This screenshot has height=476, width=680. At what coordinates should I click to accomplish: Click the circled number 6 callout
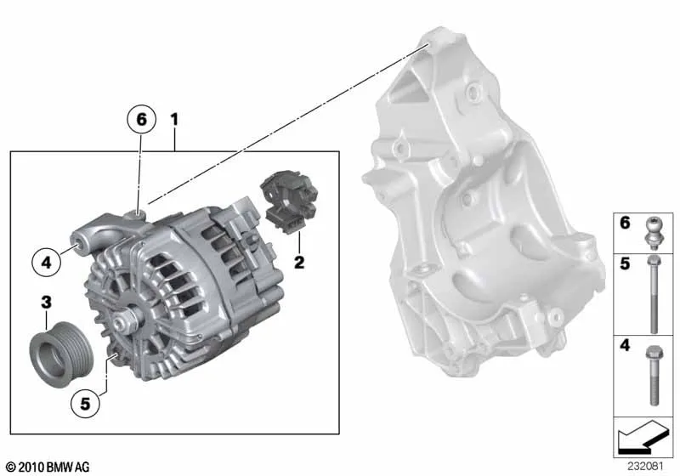[x=141, y=119]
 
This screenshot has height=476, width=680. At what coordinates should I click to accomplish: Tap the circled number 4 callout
[x=47, y=263]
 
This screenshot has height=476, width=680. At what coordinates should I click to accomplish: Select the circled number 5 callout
[x=85, y=404]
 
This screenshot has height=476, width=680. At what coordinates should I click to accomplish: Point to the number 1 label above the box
[x=174, y=119]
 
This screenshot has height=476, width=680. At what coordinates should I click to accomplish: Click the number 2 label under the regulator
[x=299, y=263]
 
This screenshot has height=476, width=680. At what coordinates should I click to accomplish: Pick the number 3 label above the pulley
[x=47, y=302]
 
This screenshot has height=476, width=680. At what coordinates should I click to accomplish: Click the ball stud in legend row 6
[x=654, y=233]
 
